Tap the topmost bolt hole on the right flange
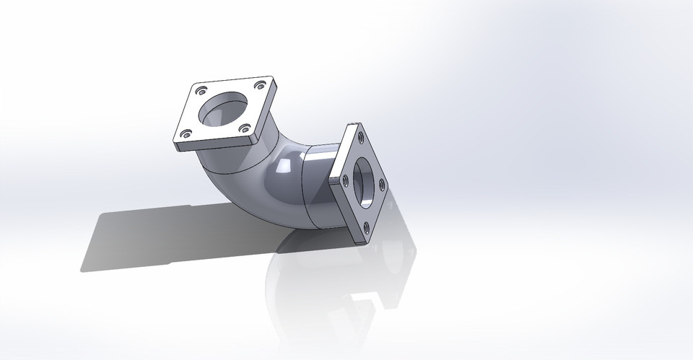click(x=359, y=134)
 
